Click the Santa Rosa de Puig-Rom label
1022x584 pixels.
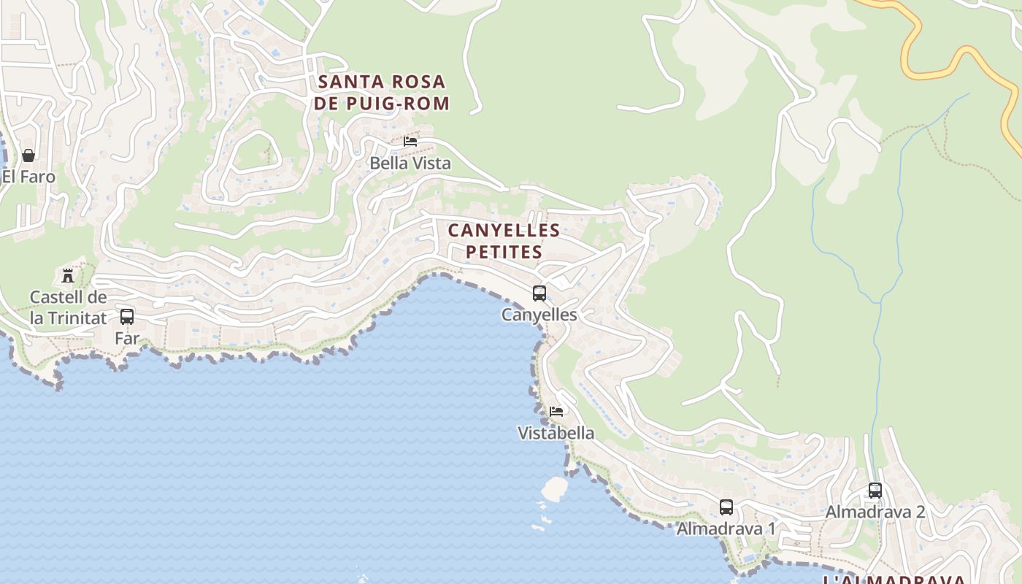382,93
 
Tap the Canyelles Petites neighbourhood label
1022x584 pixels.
504,241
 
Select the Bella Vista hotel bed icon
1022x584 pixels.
410,141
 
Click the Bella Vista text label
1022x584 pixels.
410,164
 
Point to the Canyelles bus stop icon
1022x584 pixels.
539,293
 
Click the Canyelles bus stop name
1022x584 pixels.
539,315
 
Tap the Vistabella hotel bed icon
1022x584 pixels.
556,412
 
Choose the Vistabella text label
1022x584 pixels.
556,433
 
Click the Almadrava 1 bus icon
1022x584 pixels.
726,507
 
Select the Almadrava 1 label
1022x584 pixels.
726,529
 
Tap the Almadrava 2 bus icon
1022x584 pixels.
875,491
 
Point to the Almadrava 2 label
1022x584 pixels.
875,512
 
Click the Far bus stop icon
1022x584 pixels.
127,317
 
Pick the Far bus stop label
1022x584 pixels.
127,338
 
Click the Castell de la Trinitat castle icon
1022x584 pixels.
68,276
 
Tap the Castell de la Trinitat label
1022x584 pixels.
68,307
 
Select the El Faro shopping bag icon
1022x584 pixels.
28,155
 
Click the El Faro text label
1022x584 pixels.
28,177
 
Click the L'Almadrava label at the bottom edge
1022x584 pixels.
894,580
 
